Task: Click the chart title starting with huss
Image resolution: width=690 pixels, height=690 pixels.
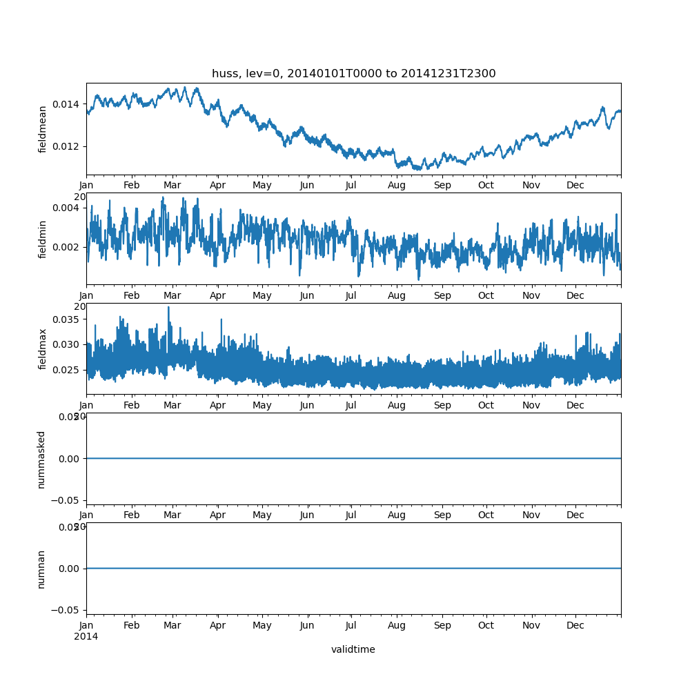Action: (353, 74)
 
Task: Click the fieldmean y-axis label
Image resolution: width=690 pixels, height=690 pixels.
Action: (43, 129)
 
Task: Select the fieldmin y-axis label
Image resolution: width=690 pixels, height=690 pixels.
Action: (43, 239)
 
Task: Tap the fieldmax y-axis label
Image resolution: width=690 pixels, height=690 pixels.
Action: (43, 348)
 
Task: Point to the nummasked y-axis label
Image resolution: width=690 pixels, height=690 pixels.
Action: (41, 459)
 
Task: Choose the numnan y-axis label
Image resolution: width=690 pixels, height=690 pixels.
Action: (41, 569)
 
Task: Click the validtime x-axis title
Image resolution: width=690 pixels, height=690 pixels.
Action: (353, 649)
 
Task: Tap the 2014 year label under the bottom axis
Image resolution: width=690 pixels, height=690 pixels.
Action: (86, 636)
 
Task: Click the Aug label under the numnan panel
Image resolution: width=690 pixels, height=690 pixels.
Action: (397, 626)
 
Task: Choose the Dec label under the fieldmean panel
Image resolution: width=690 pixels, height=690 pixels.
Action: (575, 186)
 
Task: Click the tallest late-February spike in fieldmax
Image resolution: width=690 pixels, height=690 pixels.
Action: (168, 308)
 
